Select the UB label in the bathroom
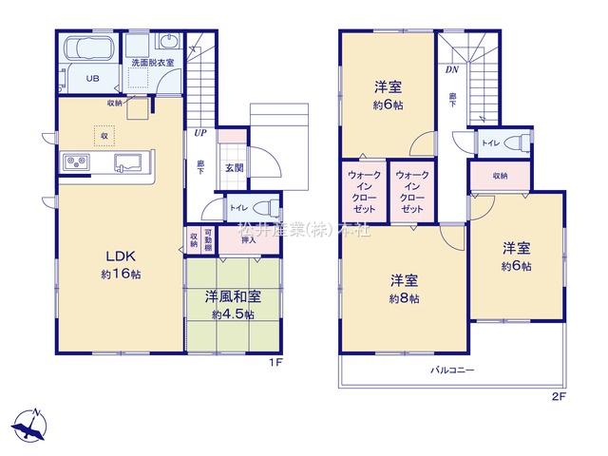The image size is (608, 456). coord(95,79)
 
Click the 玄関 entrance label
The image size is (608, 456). coord(232,167)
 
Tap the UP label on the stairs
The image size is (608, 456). coord(200,134)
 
